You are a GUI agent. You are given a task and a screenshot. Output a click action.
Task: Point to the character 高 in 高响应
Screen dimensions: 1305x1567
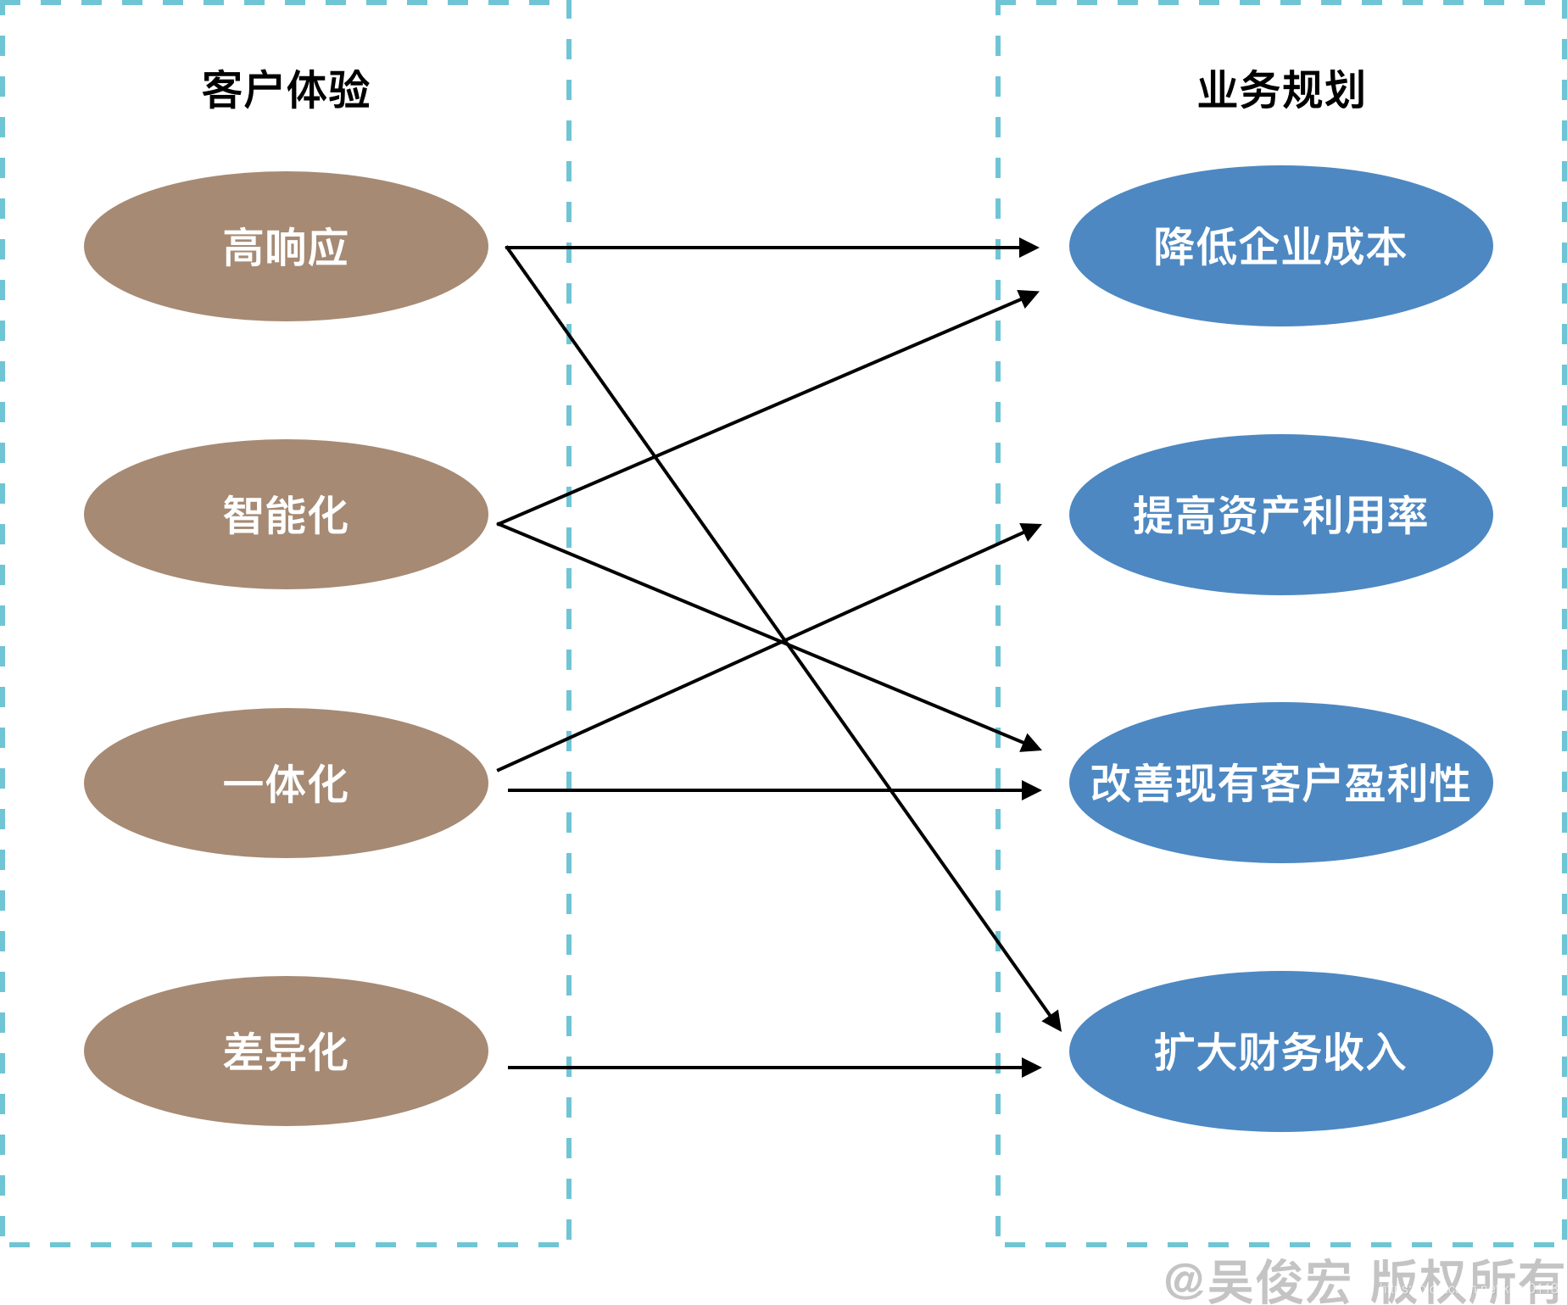pyautogui.click(x=243, y=248)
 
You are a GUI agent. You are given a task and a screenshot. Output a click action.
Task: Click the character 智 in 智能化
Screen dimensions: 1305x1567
pyautogui.click(x=243, y=516)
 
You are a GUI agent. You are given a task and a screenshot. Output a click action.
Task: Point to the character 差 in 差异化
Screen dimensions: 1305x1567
pyautogui.click(x=243, y=1052)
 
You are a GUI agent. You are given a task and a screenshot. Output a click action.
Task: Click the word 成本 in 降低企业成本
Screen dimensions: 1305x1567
pyautogui.click(x=1364, y=247)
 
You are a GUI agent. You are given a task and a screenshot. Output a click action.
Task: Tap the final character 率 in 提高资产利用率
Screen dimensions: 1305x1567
pyautogui.click(x=1407, y=516)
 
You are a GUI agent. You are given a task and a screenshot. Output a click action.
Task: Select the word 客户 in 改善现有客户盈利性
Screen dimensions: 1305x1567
pyautogui.click(x=1302, y=784)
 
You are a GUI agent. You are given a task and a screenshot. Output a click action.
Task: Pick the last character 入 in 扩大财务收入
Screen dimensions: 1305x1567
pyautogui.click(x=1386, y=1052)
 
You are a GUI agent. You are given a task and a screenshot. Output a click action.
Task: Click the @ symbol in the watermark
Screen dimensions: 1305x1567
pyautogui.click(x=1185, y=1280)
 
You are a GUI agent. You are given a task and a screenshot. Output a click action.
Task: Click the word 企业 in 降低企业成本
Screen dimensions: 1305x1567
pyautogui.click(x=1280, y=247)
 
